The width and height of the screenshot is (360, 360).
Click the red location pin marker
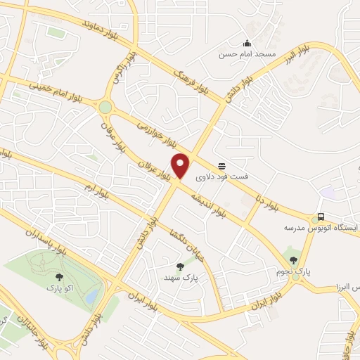(181, 166)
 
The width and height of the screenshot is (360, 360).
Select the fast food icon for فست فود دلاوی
(222, 166)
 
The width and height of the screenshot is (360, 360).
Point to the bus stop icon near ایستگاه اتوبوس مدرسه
(321, 217)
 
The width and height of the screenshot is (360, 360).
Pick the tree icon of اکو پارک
(58, 277)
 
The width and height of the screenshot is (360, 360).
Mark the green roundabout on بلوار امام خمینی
(105, 107)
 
